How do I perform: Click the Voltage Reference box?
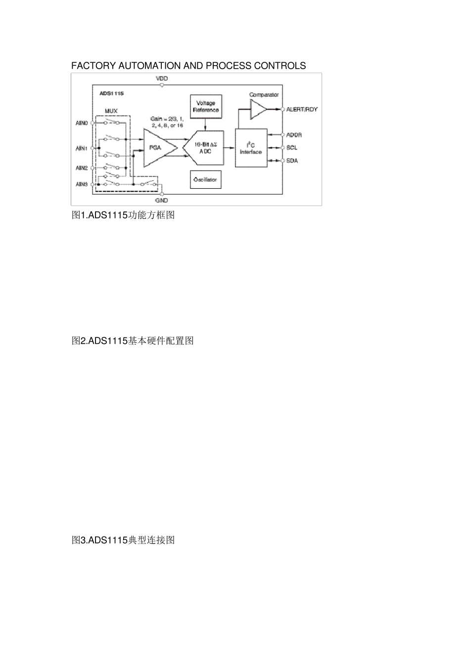pyautogui.click(x=205, y=106)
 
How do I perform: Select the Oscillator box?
pyautogui.click(x=205, y=180)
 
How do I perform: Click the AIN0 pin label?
pyautogui.click(x=82, y=123)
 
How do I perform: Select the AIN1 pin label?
pyautogui.click(x=82, y=148)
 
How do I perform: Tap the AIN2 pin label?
pyautogui.click(x=82, y=168)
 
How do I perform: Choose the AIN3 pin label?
pyautogui.click(x=82, y=184)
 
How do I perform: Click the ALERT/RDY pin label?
pyautogui.click(x=302, y=109)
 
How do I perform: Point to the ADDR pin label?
pyautogui.click(x=294, y=135)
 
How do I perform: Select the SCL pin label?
pyautogui.click(x=292, y=148)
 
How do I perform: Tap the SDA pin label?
pyautogui.click(x=292, y=161)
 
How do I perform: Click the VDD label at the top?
pyautogui.click(x=162, y=79)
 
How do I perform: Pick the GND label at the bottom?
pyautogui.click(x=162, y=201)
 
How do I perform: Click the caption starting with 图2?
pyautogui.click(x=132, y=341)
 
